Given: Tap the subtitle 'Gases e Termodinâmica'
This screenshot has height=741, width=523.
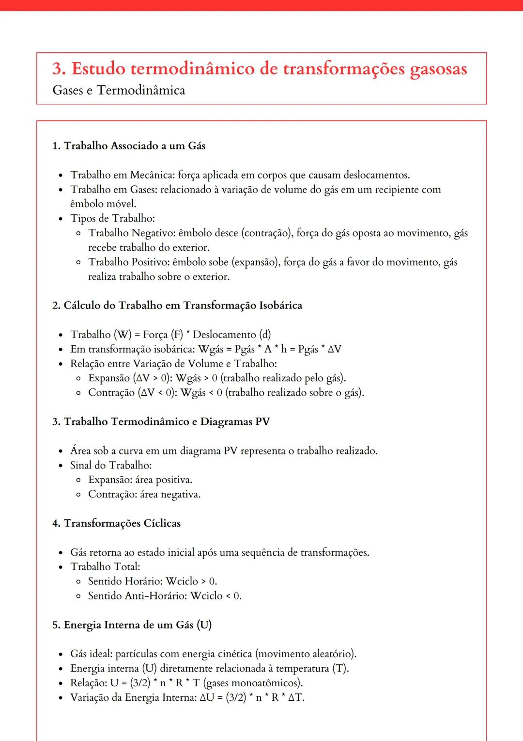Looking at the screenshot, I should click(x=119, y=90).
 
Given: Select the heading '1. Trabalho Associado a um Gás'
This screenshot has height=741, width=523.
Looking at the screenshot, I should click(x=129, y=146).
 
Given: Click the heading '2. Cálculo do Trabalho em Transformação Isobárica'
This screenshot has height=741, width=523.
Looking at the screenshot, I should click(x=177, y=306).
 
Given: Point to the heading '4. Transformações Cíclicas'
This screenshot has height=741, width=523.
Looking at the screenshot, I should click(x=116, y=523).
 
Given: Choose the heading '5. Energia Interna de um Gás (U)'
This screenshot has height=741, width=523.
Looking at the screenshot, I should click(x=132, y=625).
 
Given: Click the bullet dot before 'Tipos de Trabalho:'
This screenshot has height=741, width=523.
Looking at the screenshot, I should click(x=61, y=219).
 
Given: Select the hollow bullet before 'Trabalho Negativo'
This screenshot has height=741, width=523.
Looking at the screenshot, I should click(x=78, y=234).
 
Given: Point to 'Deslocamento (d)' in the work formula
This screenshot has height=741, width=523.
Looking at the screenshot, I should click(x=232, y=335).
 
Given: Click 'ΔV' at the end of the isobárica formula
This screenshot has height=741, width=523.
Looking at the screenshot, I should click(x=334, y=349).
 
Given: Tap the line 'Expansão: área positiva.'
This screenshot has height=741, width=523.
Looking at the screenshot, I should click(x=140, y=480).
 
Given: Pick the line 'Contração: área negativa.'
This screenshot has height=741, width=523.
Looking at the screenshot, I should click(x=144, y=494).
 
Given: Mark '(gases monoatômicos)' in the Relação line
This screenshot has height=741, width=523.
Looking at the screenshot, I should click(x=253, y=683).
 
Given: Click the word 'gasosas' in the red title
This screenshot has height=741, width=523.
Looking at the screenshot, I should click(x=438, y=69).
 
